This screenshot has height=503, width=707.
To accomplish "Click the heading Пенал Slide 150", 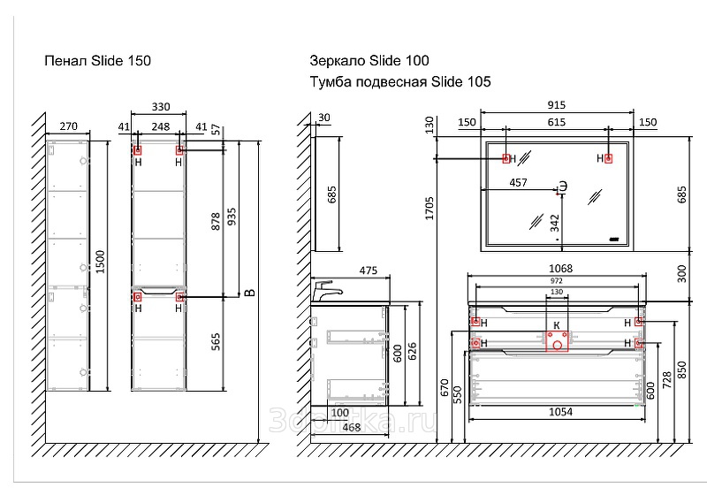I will click(x=98, y=61).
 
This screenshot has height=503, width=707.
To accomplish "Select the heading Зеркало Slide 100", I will click(x=369, y=61).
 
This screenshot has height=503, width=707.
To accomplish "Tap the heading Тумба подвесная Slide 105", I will click(x=400, y=82).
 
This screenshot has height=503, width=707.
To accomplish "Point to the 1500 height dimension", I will click(x=102, y=263).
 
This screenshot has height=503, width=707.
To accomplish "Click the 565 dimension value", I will click(x=215, y=342).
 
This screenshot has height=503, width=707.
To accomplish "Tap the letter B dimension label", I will click(x=250, y=291).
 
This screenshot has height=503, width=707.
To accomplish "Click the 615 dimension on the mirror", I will click(x=556, y=122).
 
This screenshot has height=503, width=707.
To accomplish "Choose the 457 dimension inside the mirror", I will click(x=519, y=183).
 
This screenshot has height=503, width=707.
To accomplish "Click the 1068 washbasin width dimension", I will click(x=560, y=269).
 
